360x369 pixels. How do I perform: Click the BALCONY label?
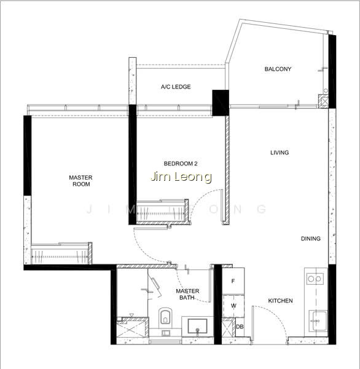278,69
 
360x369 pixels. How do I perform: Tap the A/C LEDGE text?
176,87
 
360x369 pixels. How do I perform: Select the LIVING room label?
280,153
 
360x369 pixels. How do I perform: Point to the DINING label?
311,239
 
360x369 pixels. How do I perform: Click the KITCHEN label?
281,301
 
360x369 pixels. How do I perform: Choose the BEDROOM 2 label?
181,164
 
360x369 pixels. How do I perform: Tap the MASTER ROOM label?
80,181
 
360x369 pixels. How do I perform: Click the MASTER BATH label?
187,295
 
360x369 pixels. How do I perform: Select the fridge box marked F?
233,281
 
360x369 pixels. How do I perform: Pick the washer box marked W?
233,306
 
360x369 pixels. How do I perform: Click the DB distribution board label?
240,327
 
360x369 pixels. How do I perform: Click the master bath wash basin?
198,327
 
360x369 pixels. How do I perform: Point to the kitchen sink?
318,321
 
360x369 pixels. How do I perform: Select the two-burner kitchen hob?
315,279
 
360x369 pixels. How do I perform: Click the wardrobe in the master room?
61,253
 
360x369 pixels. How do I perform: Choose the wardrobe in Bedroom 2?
163,212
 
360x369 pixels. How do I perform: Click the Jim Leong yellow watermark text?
181,177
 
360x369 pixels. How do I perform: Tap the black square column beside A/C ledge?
221,103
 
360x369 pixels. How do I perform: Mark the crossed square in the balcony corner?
323,101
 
